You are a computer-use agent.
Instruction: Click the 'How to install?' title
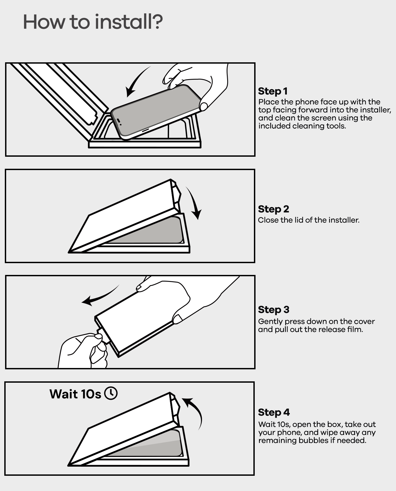coord(93,22)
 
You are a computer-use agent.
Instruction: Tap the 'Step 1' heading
coord(273,91)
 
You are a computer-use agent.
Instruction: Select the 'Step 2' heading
coord(273,209)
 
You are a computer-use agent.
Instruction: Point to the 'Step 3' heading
coord(273,310)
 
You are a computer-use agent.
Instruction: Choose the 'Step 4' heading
coord(274,412)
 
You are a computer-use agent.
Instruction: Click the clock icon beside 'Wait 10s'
coord(111,393)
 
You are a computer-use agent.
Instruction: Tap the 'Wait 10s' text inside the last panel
coord(75,394)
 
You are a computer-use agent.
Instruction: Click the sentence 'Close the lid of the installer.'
coord(309,220)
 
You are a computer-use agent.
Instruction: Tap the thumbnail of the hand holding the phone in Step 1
coord(204,107)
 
